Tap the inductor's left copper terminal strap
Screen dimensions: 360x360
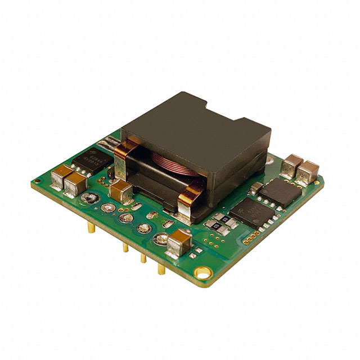(125, 155)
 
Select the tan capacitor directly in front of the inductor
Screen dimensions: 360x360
(121, 192)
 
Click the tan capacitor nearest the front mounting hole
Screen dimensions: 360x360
(179, 241)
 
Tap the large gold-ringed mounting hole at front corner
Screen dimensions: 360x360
(199, 273)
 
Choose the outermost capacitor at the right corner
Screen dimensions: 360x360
(308, 171)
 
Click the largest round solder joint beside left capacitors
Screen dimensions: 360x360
(91, 199)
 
